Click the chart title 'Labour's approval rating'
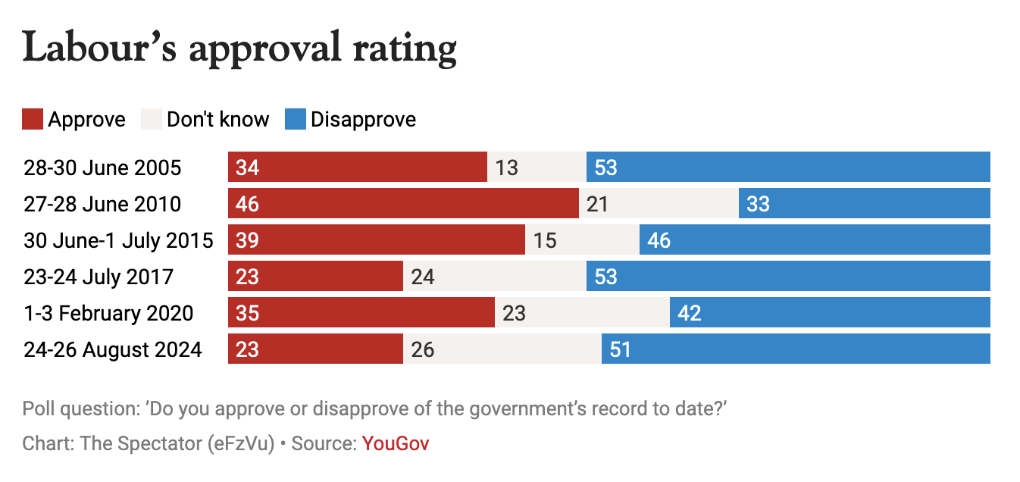click(239, 49)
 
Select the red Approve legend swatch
click(33, 120)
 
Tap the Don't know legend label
click(217, 120)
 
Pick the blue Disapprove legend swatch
click(296, 120)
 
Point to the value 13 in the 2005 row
click(506, 167)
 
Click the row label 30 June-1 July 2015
click(118, 240)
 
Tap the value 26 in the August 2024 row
click(423, 349)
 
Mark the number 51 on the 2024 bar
click(620, 349)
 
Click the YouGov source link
click(396, 443)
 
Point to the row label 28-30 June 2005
click(102, 167)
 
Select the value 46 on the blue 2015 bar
click(659, 240)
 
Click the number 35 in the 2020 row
click(248, 313)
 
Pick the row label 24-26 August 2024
click(113, 349)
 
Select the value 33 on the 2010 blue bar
click(758, 204)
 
